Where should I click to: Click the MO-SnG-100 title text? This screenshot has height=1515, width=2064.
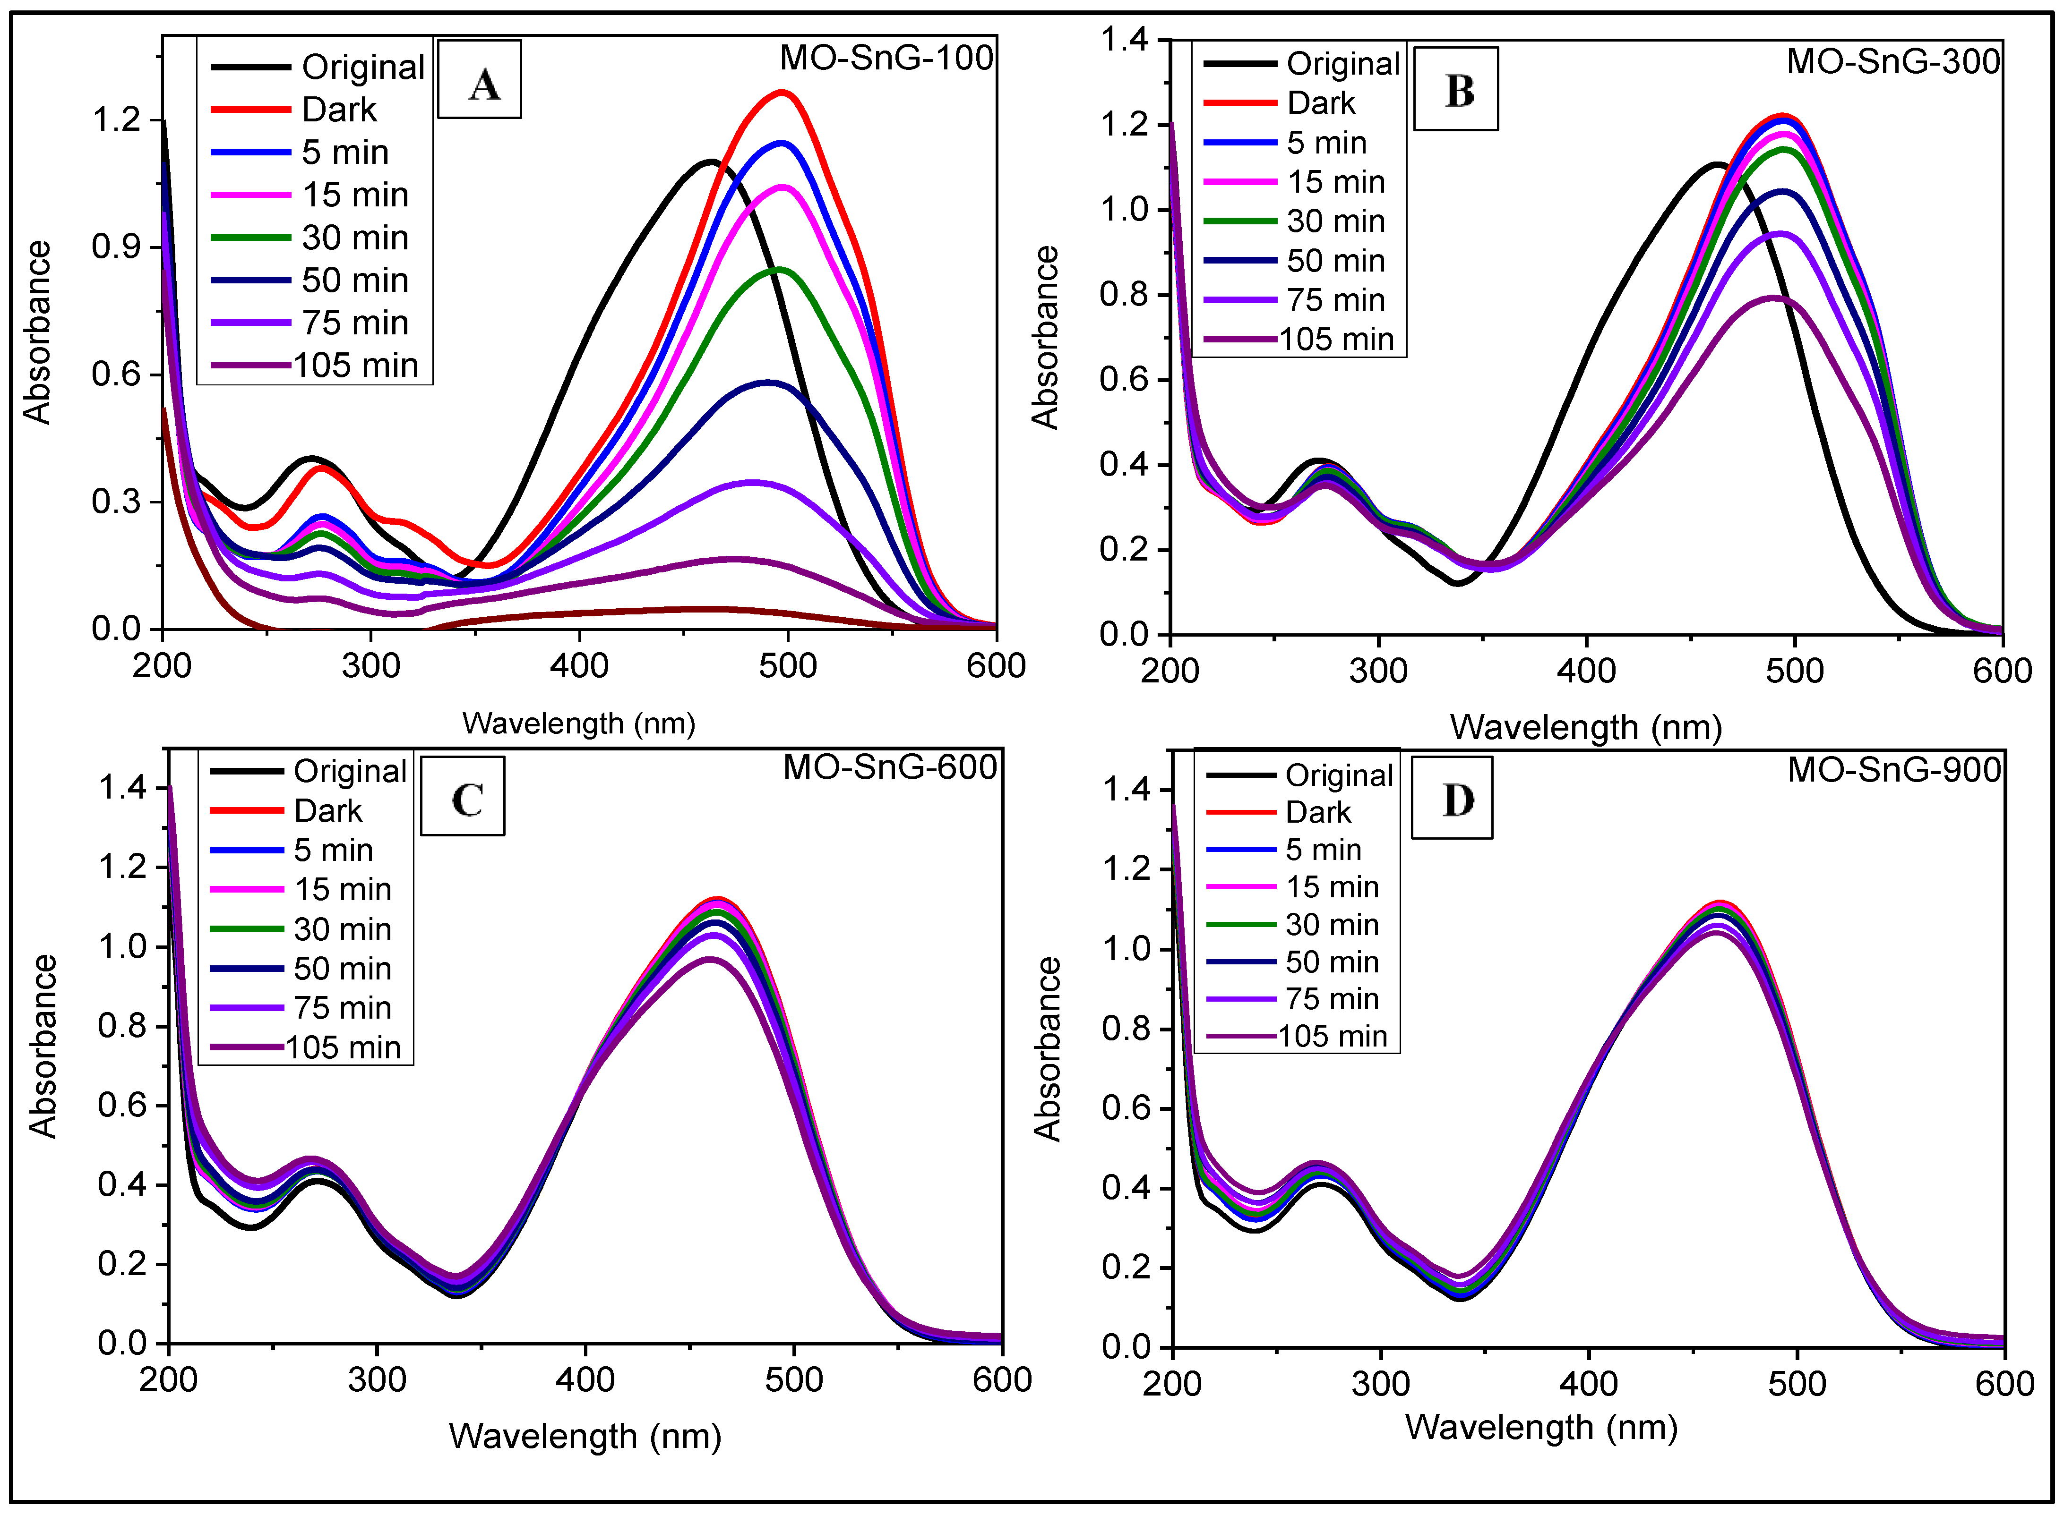[886, 58]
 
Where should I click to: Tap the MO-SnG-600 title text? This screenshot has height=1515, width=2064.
[889, 766]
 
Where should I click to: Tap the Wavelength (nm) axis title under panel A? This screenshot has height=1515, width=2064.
[579, 723]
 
